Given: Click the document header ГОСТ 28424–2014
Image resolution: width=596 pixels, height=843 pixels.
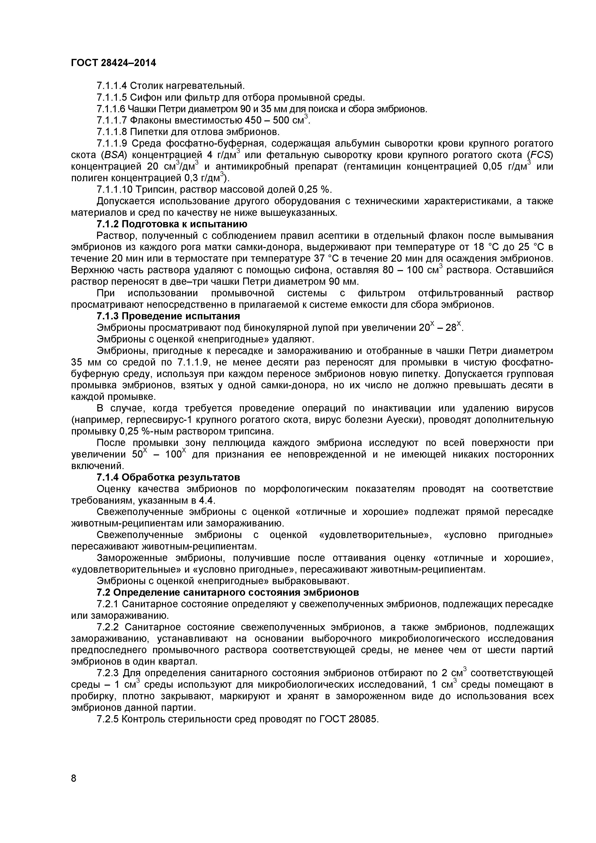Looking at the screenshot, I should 113,63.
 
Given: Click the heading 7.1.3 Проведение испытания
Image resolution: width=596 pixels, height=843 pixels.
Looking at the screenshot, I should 168,316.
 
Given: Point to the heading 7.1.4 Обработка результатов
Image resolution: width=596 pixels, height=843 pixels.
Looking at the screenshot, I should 168,477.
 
